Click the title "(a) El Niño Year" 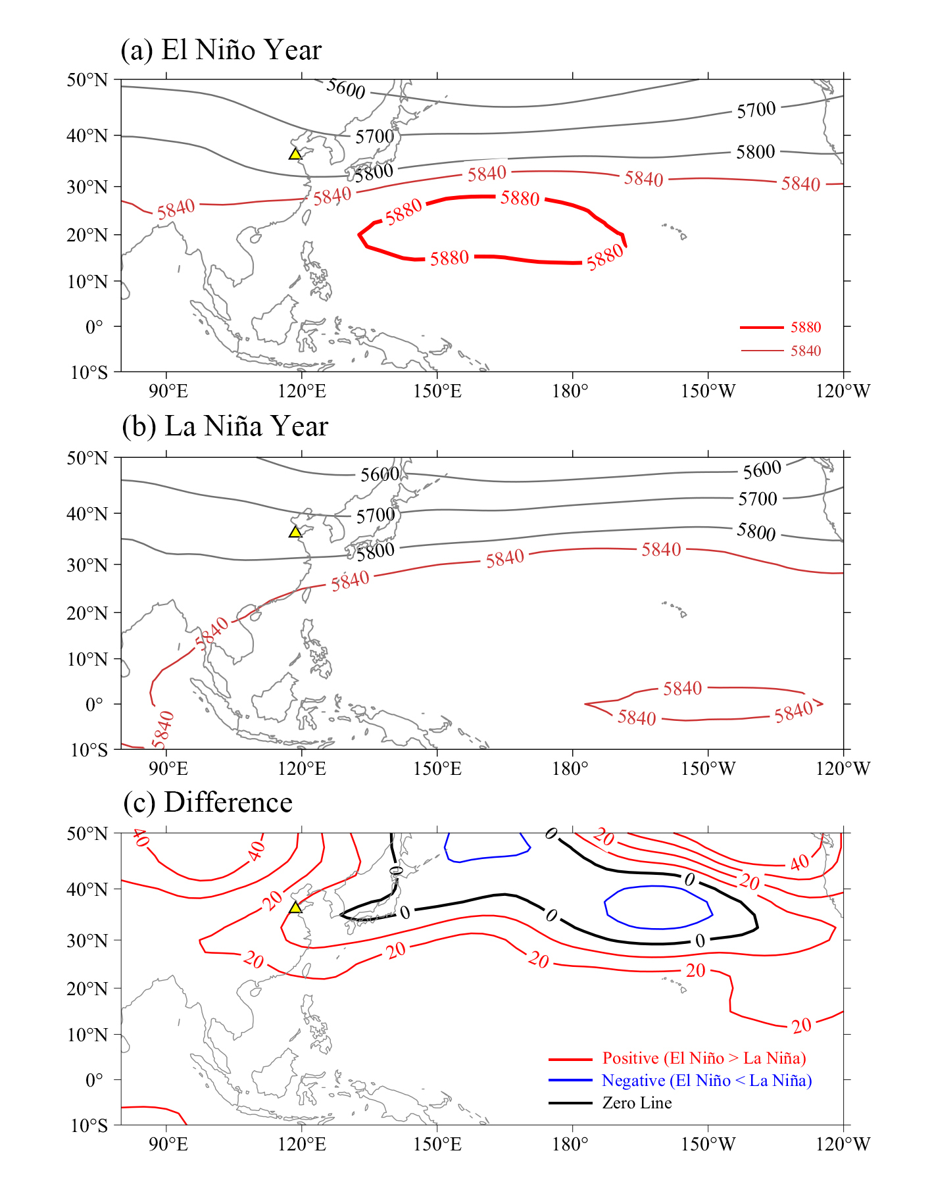click(221, 50)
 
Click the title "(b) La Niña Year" click(225, 426)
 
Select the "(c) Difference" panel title click(207, 802)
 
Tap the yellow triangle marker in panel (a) click(295, 154)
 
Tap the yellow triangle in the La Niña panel click(295, 531)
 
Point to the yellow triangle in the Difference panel click(295, 907)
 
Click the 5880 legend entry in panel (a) click(806, 328)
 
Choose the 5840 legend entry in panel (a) click(806, 351)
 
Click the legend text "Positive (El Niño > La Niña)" click(704, 1058)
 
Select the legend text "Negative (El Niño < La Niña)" click(706, 1081)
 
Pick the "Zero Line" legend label click(637, 1103)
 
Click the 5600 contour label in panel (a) click(346, 88)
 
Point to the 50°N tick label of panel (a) click(87, 80)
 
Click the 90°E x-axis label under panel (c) click(168, 1145)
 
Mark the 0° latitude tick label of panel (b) click(95, 704)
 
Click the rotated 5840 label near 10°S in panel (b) click(162, 729)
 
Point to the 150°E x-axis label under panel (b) click(437, 768)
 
